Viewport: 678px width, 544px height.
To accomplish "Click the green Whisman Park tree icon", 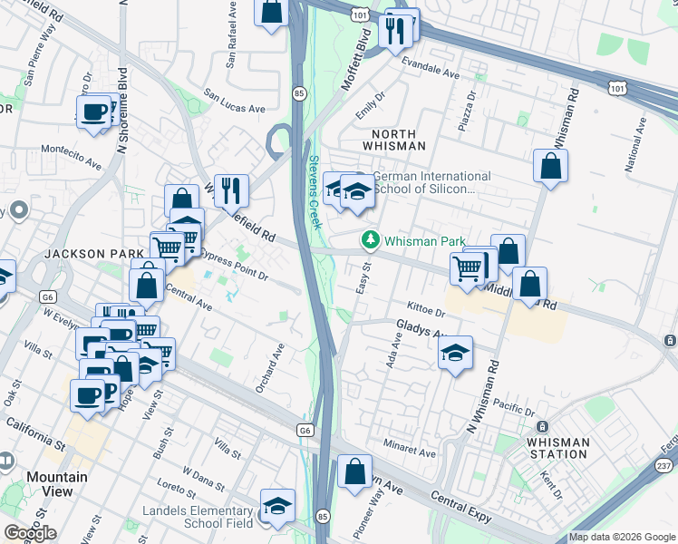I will point(370,240).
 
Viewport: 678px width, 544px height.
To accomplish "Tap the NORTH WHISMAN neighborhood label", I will point(393,139).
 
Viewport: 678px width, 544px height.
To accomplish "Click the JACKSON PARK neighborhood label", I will point(95,253).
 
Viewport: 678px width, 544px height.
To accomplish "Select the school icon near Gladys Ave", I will point(456,354).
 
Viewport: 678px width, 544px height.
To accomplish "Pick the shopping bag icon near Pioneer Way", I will point(354,471).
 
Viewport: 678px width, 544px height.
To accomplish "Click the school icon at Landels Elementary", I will point(277,507).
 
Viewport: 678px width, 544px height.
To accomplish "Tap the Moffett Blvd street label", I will point(357,59).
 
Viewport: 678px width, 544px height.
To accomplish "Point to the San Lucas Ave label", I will point(234,101).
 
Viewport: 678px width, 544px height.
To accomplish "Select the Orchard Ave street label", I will point(269,367).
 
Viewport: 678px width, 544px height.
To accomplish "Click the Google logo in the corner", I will point(30,532).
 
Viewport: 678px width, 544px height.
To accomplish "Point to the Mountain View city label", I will point(56,484).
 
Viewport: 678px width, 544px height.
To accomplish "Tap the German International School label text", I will point(425,182).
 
